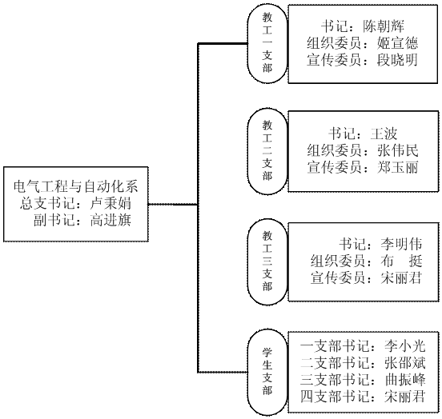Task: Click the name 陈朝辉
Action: click(384, 26)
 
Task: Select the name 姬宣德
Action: click(397, 43)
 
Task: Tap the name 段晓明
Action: click(397, 60)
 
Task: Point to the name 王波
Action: click(384, 134)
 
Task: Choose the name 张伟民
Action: click(397, 150)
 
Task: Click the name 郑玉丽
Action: click(397, 167)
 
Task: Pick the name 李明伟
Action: click(401, 244)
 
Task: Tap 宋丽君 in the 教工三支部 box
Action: click(401, 278)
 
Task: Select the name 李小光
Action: click(405, 346)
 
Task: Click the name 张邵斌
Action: click(405, 363)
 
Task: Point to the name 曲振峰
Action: click(405, 380)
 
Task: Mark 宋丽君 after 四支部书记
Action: click(405, 397)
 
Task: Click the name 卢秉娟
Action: click(110, 203)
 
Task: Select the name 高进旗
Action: click(110, 220)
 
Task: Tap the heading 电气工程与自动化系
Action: click(76, 186)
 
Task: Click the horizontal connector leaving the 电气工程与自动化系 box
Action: click(173, 205)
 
